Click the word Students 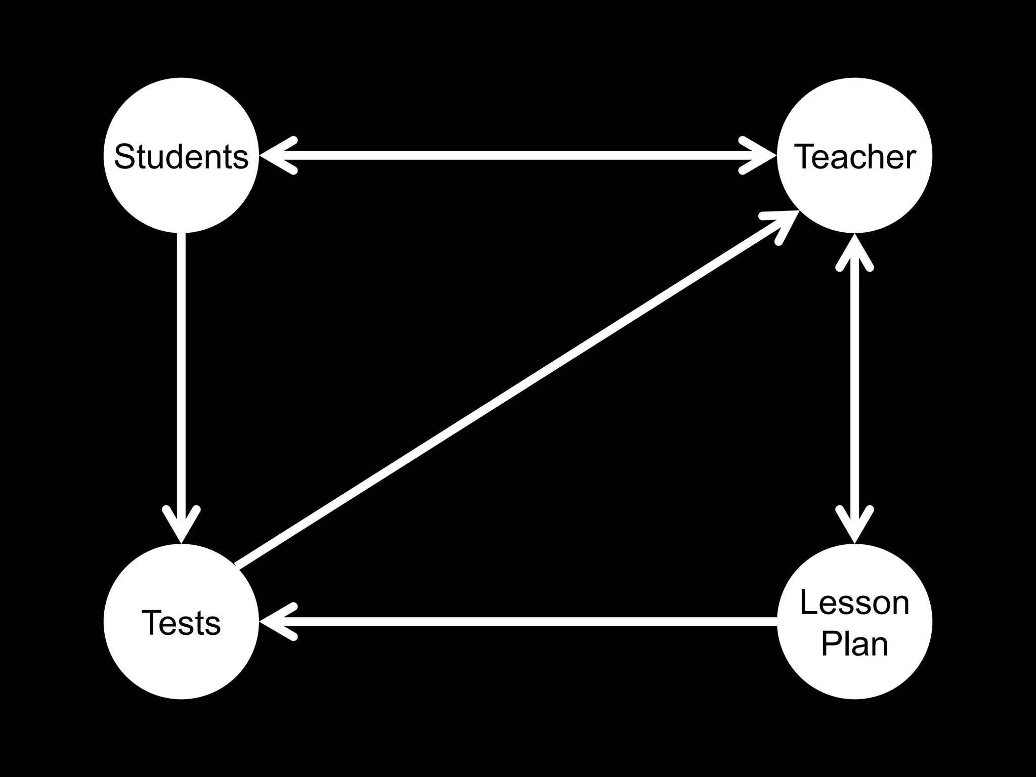tap(181, 156)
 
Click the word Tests tap(181, 622)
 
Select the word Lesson tap(854, 603)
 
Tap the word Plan tap(854, 643)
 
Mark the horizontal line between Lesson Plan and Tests tap(531, 622)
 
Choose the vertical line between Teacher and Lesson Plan tap(854, 390)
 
